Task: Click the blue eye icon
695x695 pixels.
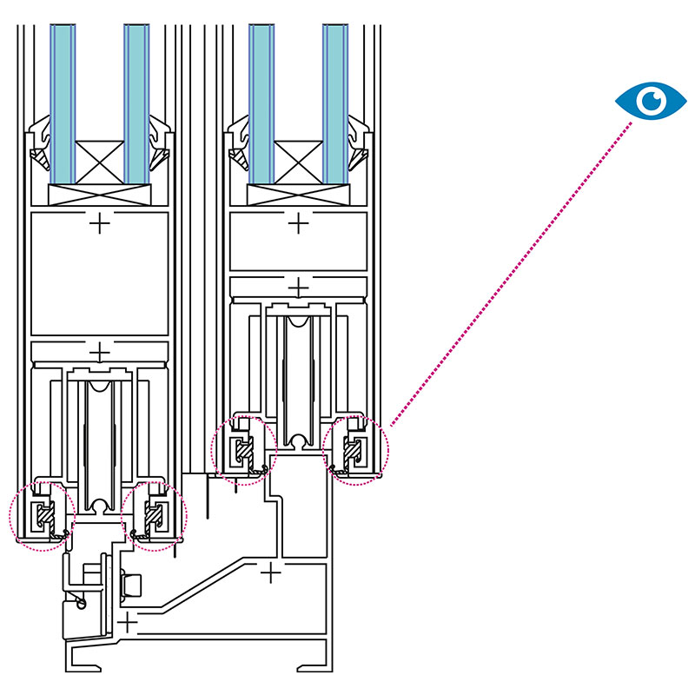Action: point(651,101)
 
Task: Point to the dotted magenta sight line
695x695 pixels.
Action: point(513,269)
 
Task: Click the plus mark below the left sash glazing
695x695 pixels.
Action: point(101,225)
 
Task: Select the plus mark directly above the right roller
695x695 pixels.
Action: point(299,287)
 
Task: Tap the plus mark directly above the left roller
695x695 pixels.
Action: point(101,352)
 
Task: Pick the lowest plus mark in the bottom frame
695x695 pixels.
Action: point(129,623)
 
